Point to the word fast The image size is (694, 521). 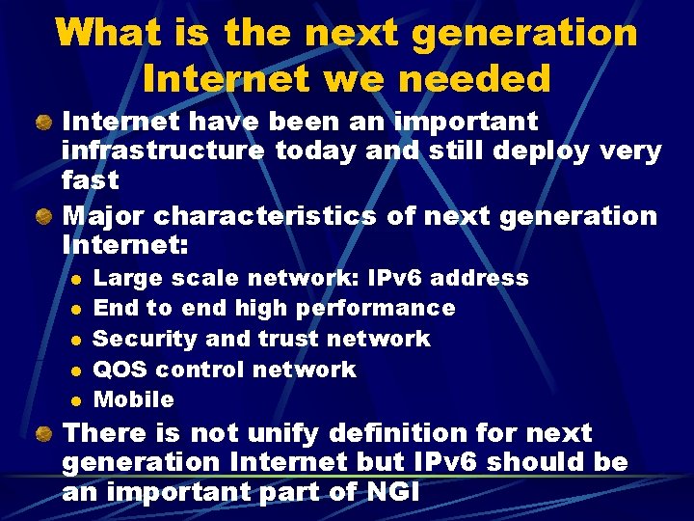pos(90,180)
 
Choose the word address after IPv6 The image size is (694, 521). pos(479,279)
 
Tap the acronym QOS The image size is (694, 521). pos(119,370)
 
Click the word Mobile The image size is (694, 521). pos(133,399)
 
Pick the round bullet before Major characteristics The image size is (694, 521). pos(44,215)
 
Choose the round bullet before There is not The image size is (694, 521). pos(44,433)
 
